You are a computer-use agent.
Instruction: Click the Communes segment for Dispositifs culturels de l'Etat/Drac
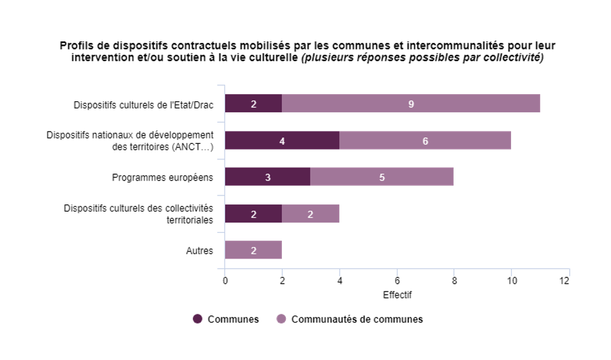(254, 103)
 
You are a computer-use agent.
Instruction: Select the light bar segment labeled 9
(411, 103)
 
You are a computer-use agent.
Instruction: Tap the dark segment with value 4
(282, 140)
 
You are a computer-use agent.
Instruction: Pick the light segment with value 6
(425, 140)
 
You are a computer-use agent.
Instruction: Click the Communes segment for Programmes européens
(268, 177)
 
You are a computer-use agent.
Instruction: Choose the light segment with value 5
(382, 177)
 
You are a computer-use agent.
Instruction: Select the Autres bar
(254, 250)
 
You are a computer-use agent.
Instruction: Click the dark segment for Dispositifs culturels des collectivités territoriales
(254, 214)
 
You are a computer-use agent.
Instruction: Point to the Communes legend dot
(197, 319)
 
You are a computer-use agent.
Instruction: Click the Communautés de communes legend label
(357, 319)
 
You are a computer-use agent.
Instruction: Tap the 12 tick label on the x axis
(565, 281)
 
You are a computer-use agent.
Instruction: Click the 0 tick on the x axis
(225, 281)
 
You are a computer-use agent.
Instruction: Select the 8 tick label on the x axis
(454, 281)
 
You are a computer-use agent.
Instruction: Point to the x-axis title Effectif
(397, 295)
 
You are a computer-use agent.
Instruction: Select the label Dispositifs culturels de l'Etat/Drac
(143, 103)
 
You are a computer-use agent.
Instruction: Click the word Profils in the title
(75, 46)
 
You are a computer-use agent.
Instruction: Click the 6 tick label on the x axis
(397, 281)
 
